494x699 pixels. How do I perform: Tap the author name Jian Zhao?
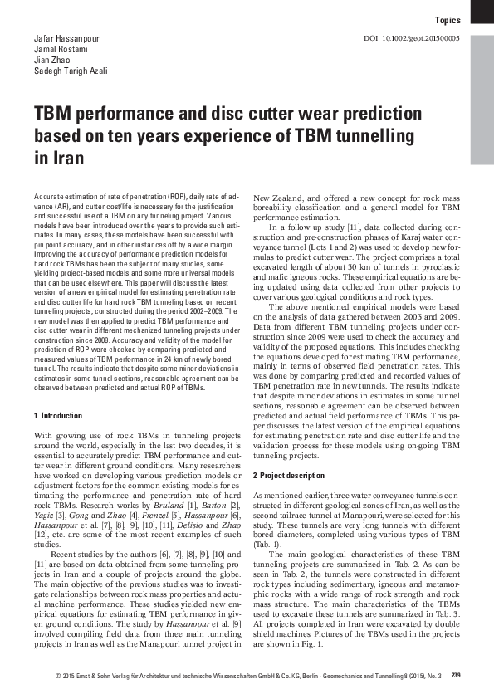[51, 61]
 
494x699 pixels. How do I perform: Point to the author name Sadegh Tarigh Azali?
[71, 71]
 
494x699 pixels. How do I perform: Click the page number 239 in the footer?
[455, 674]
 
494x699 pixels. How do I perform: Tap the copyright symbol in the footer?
[59, 674]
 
